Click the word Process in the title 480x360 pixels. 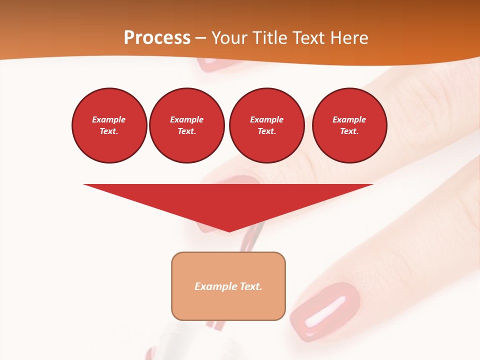click(x=157, y=38)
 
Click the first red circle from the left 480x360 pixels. click(x=109, y=125)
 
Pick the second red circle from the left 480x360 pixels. click(x=187, y=125)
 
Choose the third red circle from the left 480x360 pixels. click(x=266, y=125)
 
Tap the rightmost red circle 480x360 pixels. click(x=349, y=125)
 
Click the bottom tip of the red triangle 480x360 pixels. click(x=229, y=230)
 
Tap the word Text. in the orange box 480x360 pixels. click(x=250, y=286)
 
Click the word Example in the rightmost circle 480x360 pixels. click(x=349, y=119)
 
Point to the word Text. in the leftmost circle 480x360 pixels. click(x=109, y=131)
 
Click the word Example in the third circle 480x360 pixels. click(x=266, y=119)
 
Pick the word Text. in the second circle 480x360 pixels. click(x=187, y=131)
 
